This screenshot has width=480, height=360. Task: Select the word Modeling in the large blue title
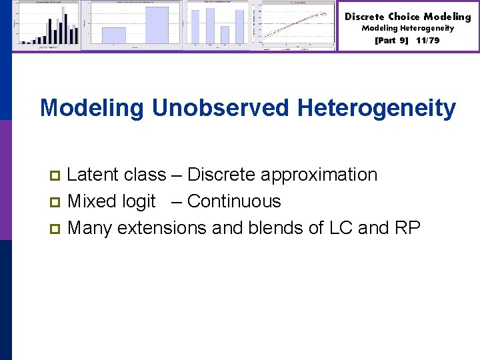(92, 107)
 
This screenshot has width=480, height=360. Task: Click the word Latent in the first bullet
(91, 175)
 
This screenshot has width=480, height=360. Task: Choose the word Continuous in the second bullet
(234, 201)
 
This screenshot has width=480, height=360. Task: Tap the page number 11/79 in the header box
(427, 40)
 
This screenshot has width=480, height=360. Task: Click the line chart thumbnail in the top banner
(297, 25)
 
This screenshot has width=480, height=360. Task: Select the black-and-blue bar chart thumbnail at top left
(47, 25)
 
